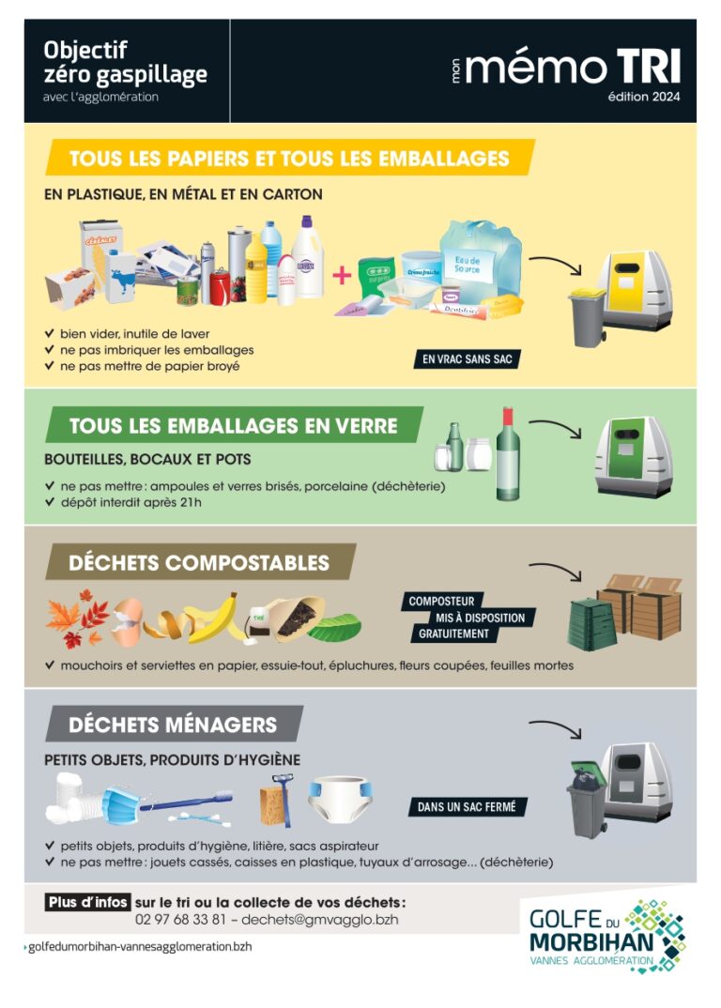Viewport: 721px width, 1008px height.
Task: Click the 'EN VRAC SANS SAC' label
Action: click(467, 359)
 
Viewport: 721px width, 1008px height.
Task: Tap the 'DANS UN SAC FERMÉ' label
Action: click(467, 806)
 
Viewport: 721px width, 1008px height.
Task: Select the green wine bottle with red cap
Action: click(508, 454)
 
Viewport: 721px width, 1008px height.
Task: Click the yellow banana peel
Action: click(213, 619)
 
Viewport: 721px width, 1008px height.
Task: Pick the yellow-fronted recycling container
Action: click(634, 291)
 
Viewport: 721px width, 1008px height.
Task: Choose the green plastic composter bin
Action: click(591, 623)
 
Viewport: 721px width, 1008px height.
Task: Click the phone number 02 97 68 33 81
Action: click(181, 919)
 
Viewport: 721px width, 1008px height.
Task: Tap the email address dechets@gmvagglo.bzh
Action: click(319, 919)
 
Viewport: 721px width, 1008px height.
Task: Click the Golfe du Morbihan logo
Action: click(606, 936)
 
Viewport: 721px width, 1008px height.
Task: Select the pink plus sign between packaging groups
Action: click(342, 275)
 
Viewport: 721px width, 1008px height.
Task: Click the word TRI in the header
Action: click(649, 67)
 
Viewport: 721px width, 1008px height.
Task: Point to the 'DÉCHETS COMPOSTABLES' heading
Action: click(199, 562)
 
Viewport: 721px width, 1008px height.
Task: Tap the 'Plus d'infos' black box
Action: click(88, 902)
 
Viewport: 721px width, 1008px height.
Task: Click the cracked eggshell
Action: click(128, 619)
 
